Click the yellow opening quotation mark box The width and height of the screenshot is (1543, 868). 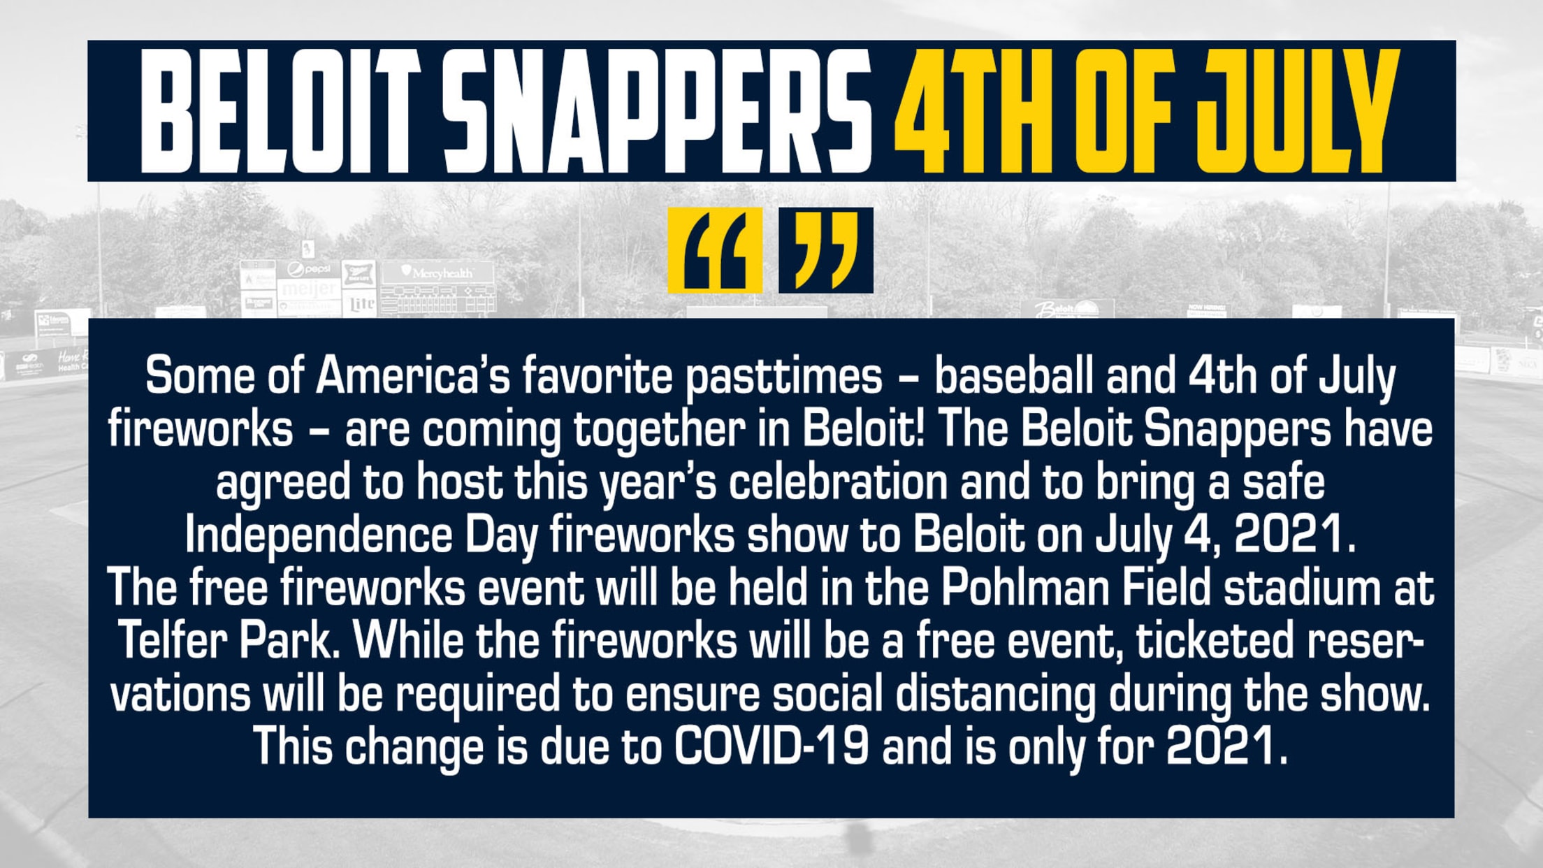coord(714,250)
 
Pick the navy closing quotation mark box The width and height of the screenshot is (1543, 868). coord(826,250)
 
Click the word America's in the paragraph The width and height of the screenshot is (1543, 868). coord(413,376)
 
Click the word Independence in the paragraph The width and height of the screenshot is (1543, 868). coord(319,535)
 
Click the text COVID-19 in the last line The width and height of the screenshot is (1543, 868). coord(771,746)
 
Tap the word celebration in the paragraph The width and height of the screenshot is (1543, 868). coord(838,482)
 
